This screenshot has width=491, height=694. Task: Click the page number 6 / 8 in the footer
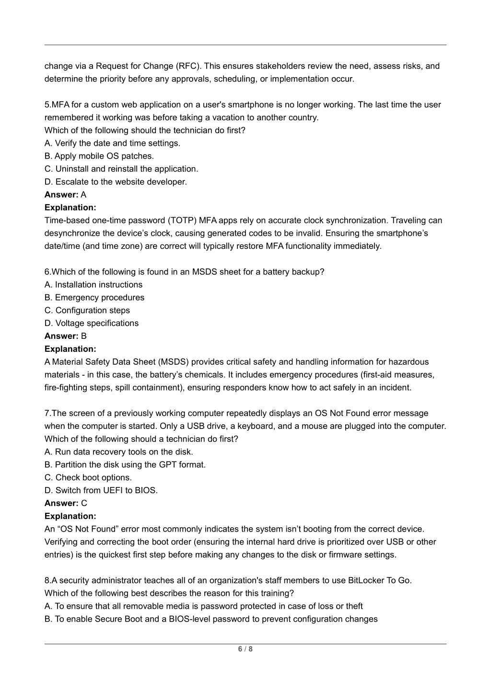245,649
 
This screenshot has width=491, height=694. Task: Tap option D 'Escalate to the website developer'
116,182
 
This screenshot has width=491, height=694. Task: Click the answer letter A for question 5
83,195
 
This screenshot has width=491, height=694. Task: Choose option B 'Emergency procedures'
94,298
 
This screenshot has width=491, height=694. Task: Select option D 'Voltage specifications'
92,324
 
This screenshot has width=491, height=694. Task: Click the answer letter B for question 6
83,336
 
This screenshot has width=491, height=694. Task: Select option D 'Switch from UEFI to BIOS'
101,491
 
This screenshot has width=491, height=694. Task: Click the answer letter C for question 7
84,504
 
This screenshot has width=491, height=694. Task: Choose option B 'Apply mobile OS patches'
99,156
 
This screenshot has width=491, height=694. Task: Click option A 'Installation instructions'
94,285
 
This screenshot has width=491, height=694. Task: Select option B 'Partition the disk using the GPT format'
125,465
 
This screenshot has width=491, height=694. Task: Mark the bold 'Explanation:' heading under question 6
70,349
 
